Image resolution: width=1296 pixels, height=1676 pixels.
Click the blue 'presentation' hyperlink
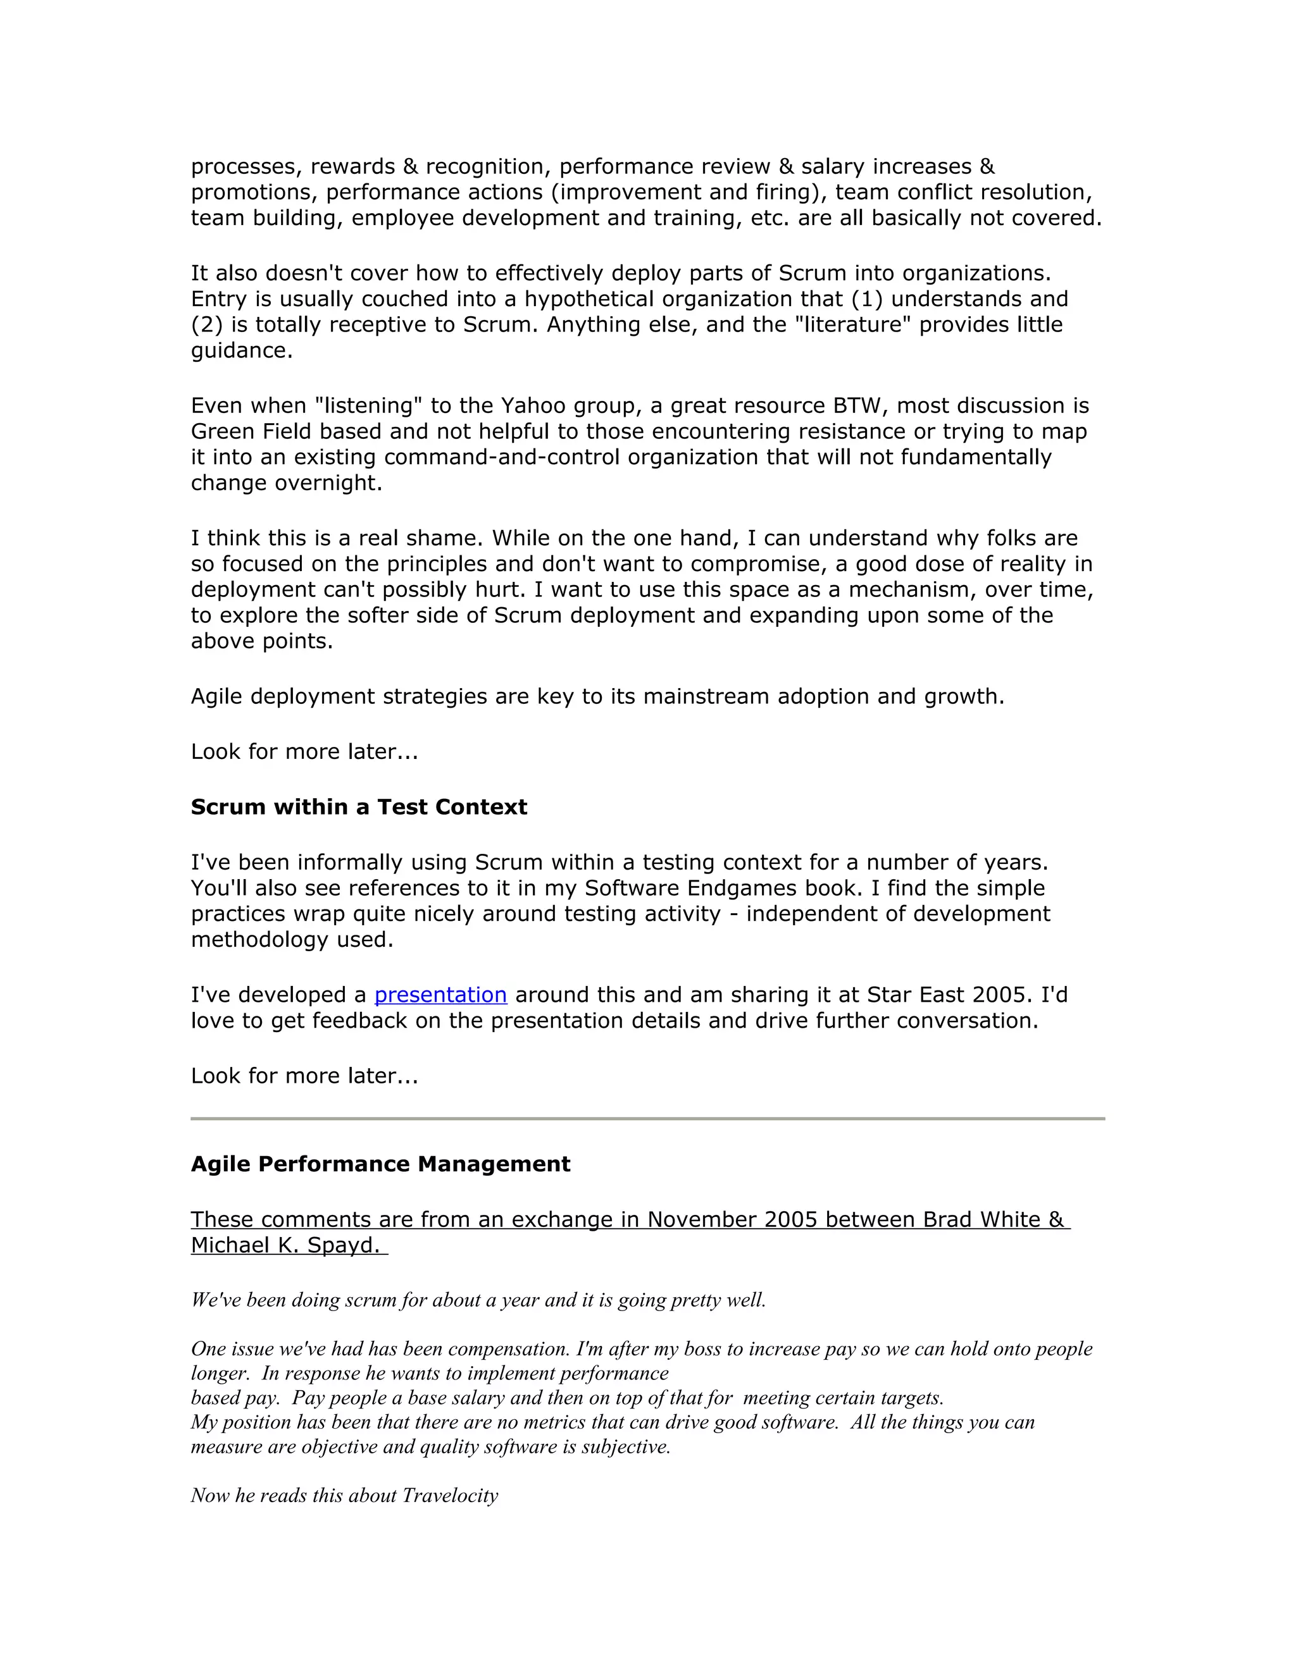pyautogui.click(x=440, y=995)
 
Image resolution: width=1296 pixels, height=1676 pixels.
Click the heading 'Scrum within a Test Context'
pyautogui.click(x=359, y=806)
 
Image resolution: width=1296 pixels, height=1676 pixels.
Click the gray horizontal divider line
pyautogui.click(x=647, y=1119)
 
